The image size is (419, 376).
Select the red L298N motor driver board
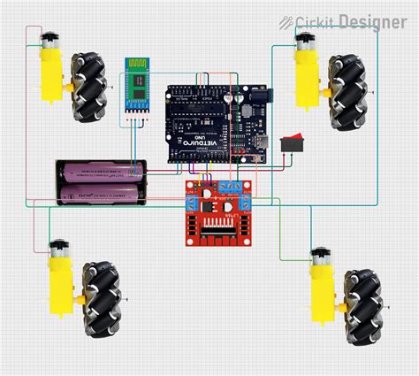click(x=217, y=212)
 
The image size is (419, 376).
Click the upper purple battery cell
click(x=100, y=170)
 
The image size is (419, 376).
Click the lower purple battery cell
click(x=100, y=192)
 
